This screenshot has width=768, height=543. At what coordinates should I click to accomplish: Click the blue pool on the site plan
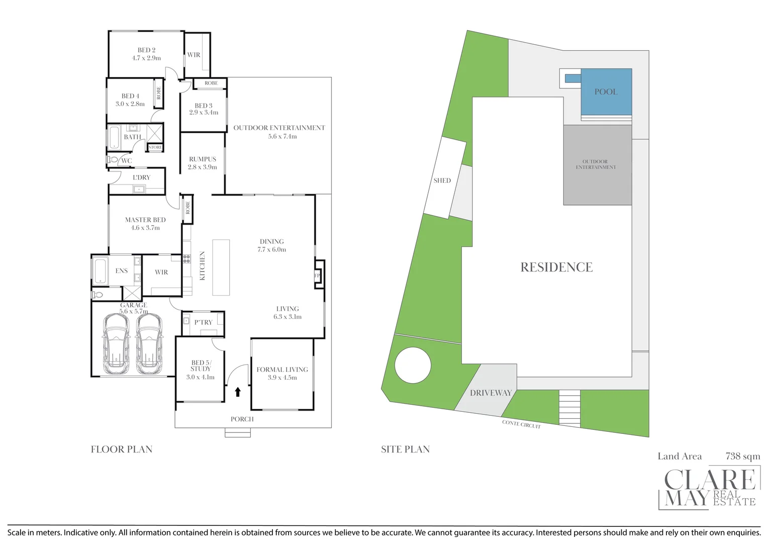click(x=606, y=92)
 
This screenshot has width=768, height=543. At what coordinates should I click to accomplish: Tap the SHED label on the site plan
click(x=442, y=180)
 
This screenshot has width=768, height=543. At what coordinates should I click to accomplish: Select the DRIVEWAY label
click(x=491, y=393)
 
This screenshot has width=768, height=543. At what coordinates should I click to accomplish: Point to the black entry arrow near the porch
click(x=238, y=392)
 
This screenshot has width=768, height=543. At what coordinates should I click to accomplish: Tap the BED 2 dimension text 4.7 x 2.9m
click(x=146, y=58)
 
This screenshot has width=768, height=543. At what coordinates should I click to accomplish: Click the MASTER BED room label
click(x=145, y=220)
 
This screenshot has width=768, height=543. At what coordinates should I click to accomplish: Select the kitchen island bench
click(x=221, y=267)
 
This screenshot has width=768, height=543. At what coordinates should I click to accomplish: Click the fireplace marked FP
click(x=318, y=275)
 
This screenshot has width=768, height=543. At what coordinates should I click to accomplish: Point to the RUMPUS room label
click(x=203, y=159)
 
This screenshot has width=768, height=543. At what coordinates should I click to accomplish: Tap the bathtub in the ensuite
click(x=101, y=270)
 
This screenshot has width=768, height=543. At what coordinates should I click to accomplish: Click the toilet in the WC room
click(x=113, y=160)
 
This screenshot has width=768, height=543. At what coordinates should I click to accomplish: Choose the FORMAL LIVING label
click(x=282, y=370)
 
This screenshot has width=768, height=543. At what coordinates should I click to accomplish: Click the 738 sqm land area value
click(x=742, y=456)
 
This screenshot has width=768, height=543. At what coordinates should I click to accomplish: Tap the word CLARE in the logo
click(x=709, y=480)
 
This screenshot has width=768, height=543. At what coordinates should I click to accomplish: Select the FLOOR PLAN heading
click(x=122, y=449)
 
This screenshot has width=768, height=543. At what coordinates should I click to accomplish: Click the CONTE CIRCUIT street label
click(x=521, y=424)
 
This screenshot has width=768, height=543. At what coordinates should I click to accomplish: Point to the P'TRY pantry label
click(x=204, y=322)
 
